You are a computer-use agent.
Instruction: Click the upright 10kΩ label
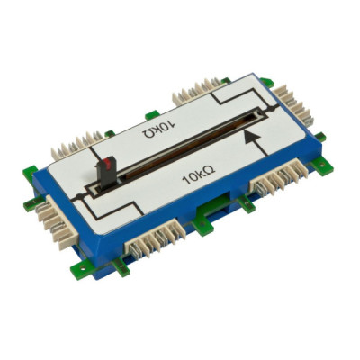click(199, 175)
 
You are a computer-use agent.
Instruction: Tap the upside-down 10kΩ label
click(158, 130)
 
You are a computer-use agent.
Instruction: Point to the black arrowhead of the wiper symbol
click(251, 137)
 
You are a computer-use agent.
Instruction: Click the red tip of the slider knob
click(107, 163)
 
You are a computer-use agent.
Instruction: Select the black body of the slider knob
click(105, 175)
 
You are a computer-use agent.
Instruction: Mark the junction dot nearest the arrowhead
click(272, 110)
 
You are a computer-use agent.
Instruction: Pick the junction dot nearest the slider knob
click(79, 197)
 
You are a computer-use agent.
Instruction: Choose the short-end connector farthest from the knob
click(294, 105)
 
